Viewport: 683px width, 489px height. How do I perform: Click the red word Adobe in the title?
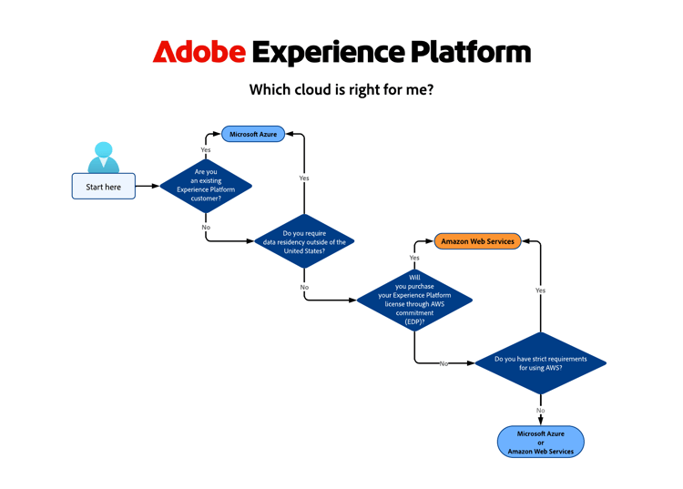click(x=199, y=52)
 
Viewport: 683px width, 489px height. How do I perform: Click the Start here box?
click(x=103, y=187)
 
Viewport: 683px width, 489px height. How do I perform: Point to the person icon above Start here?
click(x=104, y=157)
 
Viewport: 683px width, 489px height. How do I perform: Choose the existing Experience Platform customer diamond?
click(x=206, y=186)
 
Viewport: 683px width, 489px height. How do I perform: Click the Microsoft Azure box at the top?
click(x=253, y=134)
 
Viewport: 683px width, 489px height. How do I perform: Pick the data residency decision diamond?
click(x=303, y=242)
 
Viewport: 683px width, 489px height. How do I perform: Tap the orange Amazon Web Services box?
click(x=478, y=241)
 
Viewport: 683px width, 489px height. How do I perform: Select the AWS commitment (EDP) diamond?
click(x=414, y=299)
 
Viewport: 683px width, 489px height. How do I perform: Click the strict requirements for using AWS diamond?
click(x=540, y=362)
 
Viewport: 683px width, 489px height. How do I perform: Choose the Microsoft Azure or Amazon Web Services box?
click(x=540, y=443)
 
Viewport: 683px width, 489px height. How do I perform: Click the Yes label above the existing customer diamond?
click(x=206, y=149)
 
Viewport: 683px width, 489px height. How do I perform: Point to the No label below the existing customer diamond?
click(x=206, y=227)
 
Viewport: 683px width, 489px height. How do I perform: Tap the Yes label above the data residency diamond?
click(x=304, y=178)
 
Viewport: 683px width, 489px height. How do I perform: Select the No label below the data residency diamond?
click(x=304, y=287)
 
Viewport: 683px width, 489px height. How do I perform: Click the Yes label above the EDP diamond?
click(x=414, y=258)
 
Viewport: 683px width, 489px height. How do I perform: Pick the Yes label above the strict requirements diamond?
click(x=540, y=290)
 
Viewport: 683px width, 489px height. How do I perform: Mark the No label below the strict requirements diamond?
click(x=540, y=411)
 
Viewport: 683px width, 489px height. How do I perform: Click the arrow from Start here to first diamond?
click(x=148, y=186)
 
